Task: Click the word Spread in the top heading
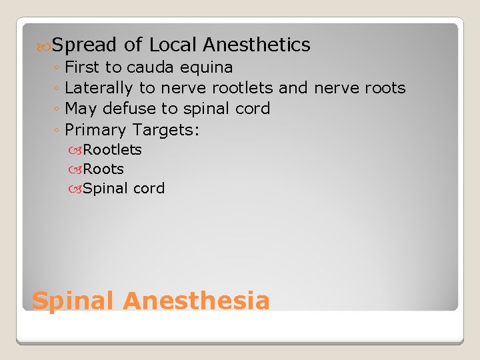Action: [x=85, y=45]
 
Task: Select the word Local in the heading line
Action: [x=173, y=45]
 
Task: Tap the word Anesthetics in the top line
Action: [x=257, y=45]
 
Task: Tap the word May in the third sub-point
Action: [x=81, y=109]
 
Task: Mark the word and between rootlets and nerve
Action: [x=293, y=88]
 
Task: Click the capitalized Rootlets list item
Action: [x=113, y=150]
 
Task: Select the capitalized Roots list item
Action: [x=103, y=169]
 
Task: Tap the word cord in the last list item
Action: [x=149, y=189]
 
